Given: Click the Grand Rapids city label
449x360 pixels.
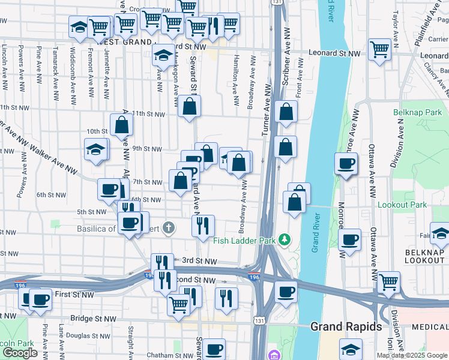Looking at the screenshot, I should tap(346, 327).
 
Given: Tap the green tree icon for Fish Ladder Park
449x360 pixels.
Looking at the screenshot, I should tap(286, 241).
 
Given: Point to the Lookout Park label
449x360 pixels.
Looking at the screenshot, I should tap(402, 205).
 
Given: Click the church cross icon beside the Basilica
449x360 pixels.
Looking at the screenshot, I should tap(169, 227).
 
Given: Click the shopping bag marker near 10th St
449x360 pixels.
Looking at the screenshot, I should tap(121, 125).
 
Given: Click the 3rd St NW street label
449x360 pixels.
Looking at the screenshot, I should tap(199, 261).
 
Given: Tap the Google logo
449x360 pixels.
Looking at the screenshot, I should tap(20, 353).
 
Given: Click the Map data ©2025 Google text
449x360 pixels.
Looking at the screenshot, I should tap(412, 355).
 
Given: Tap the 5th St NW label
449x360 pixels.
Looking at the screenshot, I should tap(91, 212).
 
